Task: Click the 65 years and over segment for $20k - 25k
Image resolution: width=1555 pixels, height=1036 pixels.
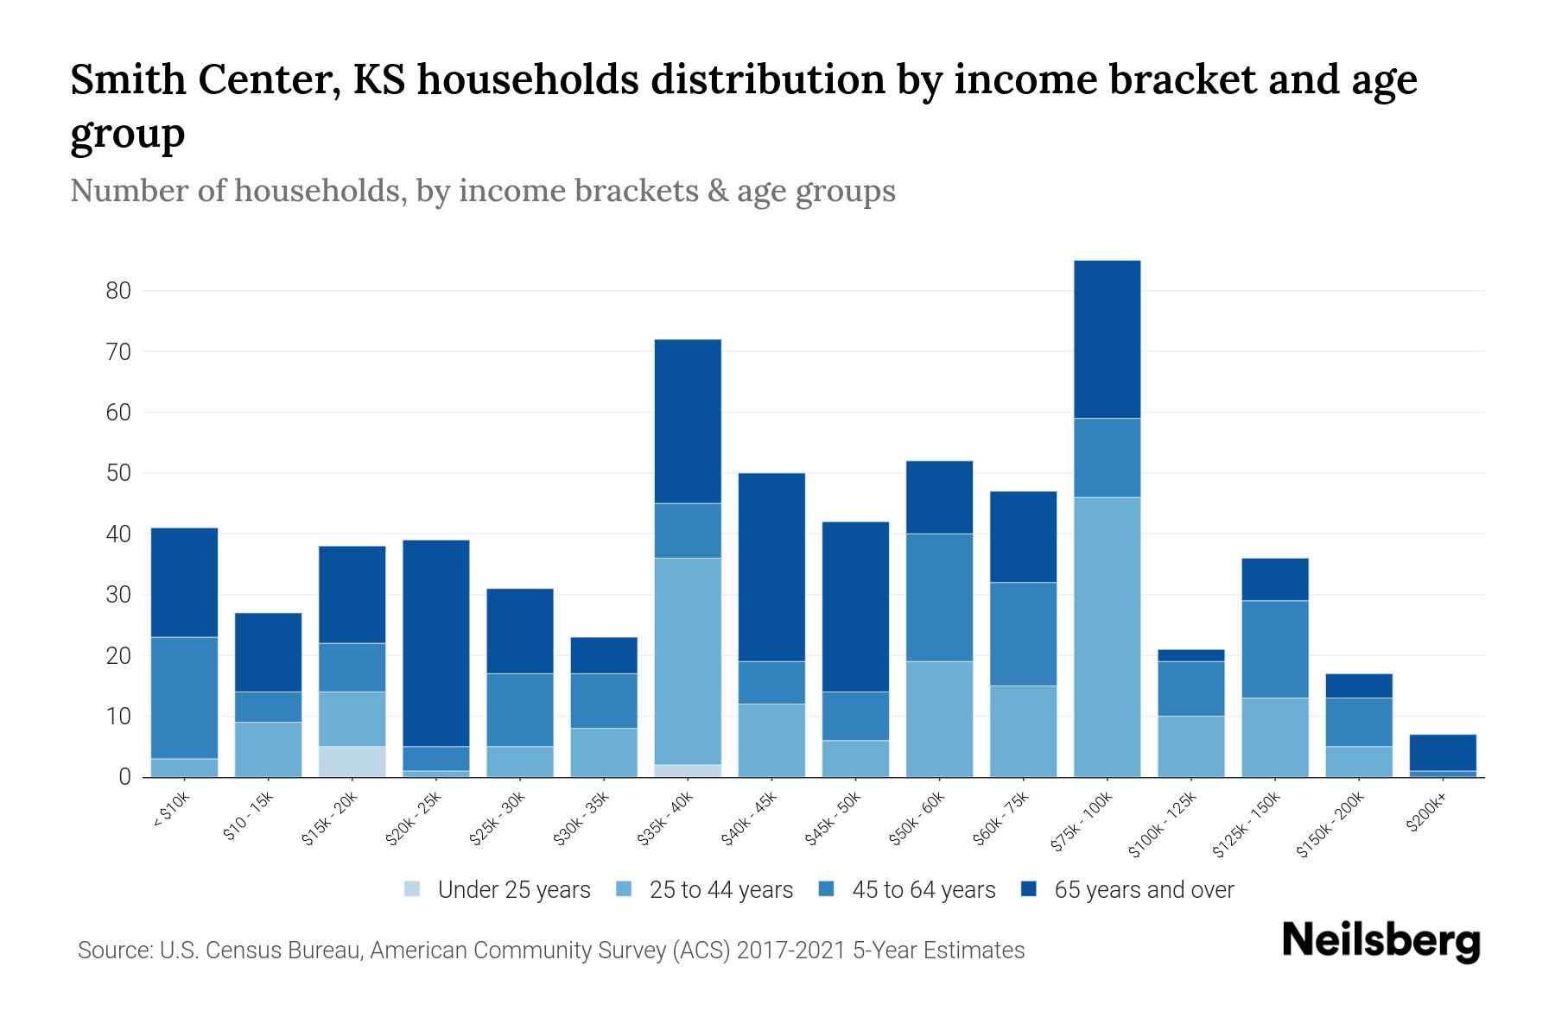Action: point(436,643)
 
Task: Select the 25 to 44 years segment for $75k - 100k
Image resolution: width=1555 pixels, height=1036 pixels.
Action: point(1107,637)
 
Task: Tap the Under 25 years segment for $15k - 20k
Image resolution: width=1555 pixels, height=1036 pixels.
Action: point(352,761)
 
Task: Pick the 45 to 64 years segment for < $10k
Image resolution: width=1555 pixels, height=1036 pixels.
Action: point(184,698)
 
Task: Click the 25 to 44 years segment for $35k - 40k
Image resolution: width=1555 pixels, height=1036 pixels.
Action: point(688,660)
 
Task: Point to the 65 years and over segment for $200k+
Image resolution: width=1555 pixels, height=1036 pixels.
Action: point(1443,752)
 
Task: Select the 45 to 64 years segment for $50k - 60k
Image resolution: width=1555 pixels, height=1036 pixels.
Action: point(939,597)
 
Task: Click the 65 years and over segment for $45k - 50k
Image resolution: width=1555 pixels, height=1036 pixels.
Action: point(855,606)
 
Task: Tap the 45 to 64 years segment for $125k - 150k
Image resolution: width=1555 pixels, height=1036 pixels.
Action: point(1274,649)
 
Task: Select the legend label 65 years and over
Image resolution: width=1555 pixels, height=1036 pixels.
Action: point(1143,890)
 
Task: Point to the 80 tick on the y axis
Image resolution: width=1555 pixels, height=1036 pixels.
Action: point(118,291)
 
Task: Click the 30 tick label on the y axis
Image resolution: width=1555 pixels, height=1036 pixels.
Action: point(118,595)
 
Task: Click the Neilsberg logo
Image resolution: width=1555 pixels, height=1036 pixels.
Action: point(1380,941)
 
